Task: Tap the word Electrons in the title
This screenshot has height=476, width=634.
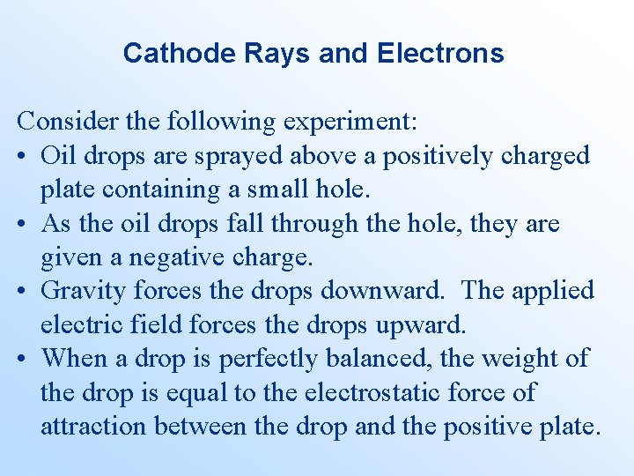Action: [x=440, y=53]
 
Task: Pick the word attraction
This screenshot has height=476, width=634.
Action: [x=94, y=427]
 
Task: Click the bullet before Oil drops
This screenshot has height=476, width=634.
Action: [x=22, y=156]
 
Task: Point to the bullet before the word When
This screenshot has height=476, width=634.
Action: [x=22, y=359]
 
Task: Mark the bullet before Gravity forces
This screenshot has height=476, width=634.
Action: [x=22, y=291]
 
